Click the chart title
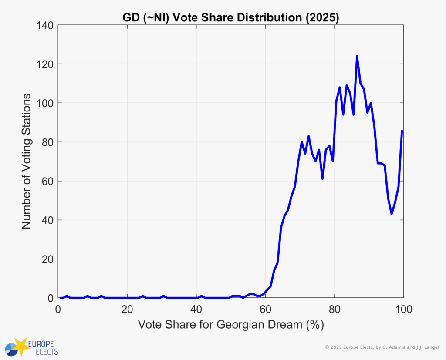230,18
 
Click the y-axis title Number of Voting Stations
27,161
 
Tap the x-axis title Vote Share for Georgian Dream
231,325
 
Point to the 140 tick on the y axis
44,26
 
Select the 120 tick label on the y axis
44,64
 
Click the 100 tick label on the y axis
44,103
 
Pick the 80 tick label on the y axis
47,142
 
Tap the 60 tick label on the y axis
47,181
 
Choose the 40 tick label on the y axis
47,220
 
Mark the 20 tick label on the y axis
47,259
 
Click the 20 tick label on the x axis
127,310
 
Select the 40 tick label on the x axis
196,310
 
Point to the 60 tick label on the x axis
265,310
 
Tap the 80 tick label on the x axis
334,310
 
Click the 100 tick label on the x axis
403,310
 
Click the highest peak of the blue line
357,57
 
